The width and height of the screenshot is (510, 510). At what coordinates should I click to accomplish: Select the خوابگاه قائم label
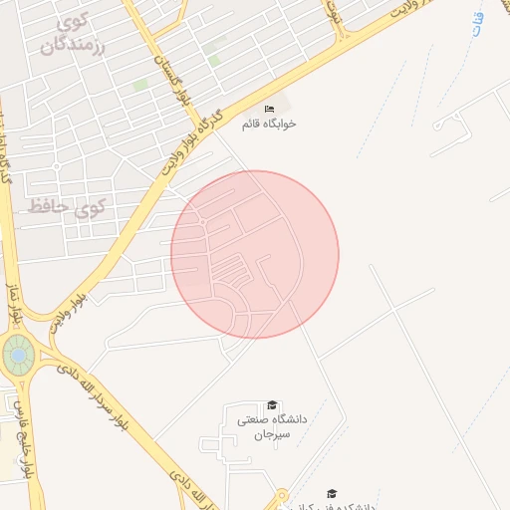(269, 125)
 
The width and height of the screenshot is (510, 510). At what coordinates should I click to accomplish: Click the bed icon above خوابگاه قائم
(269, 109)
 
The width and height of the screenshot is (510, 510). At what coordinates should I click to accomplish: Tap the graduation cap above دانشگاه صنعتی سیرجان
(271, 405)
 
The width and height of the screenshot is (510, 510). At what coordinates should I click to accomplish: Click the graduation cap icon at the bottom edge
(332, 493)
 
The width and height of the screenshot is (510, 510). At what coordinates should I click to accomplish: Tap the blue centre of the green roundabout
(17, 354)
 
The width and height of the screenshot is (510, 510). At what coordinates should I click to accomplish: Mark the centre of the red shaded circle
(255, 254)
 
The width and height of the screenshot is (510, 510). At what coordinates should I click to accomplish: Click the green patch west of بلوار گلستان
(140, 86)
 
